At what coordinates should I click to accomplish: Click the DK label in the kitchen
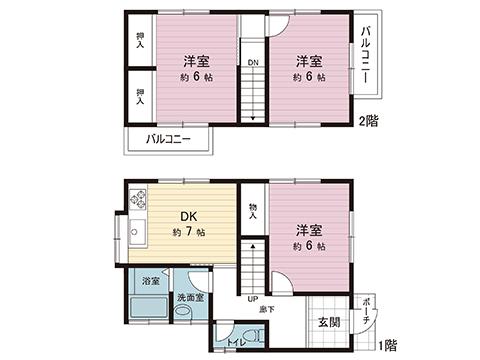coord(186,217)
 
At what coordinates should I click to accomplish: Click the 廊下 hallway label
coord(270,309)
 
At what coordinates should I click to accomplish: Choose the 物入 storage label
coord(253,213)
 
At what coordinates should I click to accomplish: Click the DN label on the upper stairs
coord(253,62)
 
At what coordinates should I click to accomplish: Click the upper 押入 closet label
coord(140,42)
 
